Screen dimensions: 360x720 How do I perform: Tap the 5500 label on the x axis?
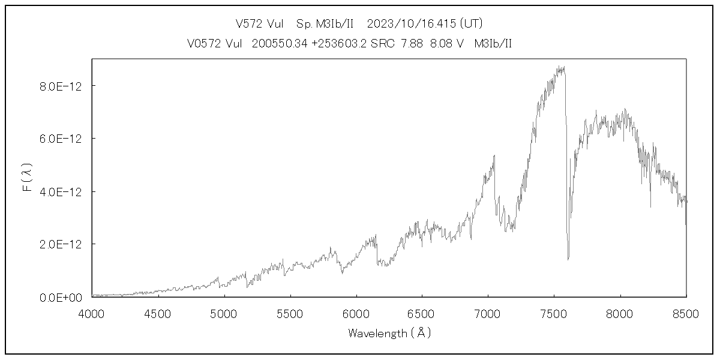290,313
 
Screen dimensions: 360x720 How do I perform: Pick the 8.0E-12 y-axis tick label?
61,86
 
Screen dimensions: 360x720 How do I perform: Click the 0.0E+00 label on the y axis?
61,298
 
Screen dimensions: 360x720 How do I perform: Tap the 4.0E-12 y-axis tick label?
61,192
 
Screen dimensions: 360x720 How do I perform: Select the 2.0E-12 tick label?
61,245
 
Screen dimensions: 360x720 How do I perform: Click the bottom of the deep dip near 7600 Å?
568,259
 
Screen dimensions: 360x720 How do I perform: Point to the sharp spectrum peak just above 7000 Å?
494,155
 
